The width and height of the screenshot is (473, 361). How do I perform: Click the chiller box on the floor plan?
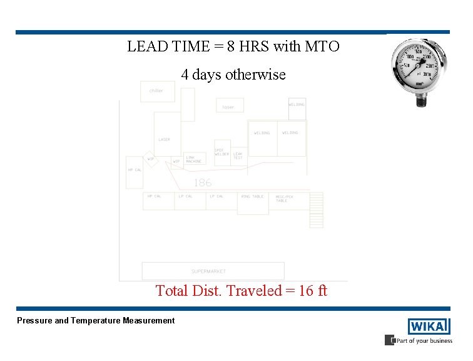click(x=157, y=92)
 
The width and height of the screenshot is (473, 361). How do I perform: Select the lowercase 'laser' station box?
click(x=230, y=106)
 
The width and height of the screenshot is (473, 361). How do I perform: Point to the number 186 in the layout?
click(x=202, y=182)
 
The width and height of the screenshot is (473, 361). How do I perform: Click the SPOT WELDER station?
click(x=222, y=152)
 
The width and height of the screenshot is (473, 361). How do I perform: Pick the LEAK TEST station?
click(x=238, y=155)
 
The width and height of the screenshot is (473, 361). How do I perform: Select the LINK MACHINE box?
click(x=195, y=159)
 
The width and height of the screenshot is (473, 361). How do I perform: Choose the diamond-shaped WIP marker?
click(x=150, y=159)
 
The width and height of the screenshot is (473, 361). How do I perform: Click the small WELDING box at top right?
click(x=297, y=105)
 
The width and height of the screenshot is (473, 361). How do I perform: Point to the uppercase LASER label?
click(x=164, y=140)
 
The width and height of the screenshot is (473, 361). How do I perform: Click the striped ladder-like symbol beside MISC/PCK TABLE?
click(x=317, y=210)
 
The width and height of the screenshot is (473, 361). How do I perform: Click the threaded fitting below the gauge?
click(x=421, y=100)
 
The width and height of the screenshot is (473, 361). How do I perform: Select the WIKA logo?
click(x=429, y=327)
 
